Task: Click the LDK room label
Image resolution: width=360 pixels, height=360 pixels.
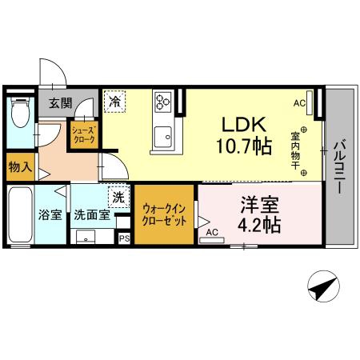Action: point(244,125)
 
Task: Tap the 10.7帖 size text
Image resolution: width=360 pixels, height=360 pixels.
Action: point(244,146)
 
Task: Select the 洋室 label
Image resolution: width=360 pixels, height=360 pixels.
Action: point(259,205)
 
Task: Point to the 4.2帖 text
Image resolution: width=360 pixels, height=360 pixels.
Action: point(259,225)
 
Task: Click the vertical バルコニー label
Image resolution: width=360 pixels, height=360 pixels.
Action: point(340,166)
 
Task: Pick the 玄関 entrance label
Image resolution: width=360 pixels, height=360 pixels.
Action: point(61,103)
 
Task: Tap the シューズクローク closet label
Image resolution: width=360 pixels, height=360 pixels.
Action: point(84,135)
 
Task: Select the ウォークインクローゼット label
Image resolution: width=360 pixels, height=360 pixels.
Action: point(164,215)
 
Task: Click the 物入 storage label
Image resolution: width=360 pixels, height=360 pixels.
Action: point(20,167)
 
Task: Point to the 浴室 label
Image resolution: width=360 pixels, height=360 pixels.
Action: point(50,214)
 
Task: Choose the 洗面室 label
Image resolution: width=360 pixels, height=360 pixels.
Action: point(92,214)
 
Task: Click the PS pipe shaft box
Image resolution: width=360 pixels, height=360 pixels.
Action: point(124,238)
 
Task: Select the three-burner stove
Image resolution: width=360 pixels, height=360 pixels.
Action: point(163,102)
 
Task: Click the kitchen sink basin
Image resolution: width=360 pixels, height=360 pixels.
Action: point(162,137)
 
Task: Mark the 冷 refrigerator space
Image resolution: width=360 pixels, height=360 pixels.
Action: point(114,102)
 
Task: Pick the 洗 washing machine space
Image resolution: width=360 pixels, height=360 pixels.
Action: point(119,198)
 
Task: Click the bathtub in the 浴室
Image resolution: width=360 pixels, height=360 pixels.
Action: point(20,215)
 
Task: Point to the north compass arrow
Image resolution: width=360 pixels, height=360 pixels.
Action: point(324,286)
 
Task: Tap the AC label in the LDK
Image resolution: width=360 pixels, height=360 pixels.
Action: point(299,103)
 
